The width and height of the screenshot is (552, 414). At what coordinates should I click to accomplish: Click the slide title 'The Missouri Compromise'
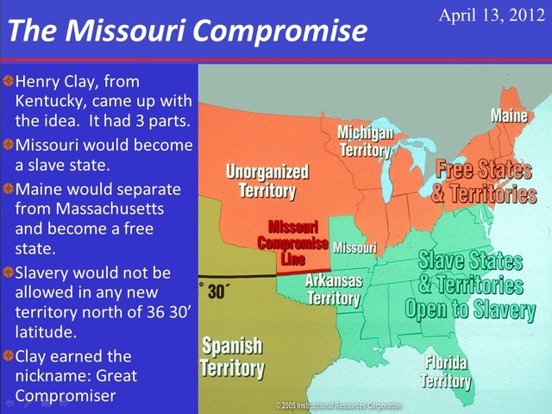[186, 31]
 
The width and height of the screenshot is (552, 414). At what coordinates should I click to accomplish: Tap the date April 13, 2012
[492, 15]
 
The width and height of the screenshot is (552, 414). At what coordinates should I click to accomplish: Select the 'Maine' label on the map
[510, 116]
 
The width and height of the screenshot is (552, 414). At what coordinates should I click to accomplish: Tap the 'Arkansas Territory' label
[334, 290]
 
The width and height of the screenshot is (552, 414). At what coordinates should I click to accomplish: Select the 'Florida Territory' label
[446, 371]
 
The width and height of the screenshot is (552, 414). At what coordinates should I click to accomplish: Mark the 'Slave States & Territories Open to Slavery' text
[470, 285]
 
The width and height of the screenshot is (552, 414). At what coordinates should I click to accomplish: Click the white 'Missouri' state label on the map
[354, 248]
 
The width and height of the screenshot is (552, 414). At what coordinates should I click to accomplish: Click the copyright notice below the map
[338, 405]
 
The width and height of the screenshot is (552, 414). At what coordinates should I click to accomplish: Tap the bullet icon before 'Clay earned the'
[8, 355]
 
